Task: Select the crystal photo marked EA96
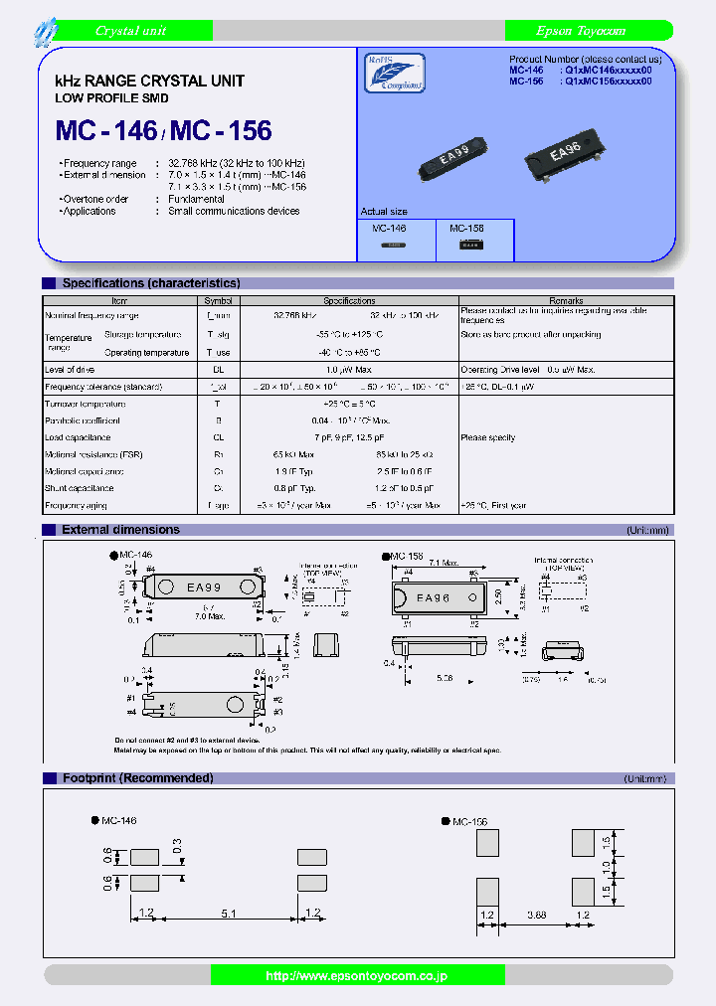(x=564, y=153)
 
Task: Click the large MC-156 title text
(x=219, y=130)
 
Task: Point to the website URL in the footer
(x=357, y=977)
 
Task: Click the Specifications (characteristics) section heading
(x=151, y=283)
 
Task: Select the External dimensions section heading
(x=120, y=530)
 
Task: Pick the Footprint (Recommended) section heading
(x=137, y=777)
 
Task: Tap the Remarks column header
(x=566, y=300)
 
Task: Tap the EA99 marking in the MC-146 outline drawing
(x=204, y=587)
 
